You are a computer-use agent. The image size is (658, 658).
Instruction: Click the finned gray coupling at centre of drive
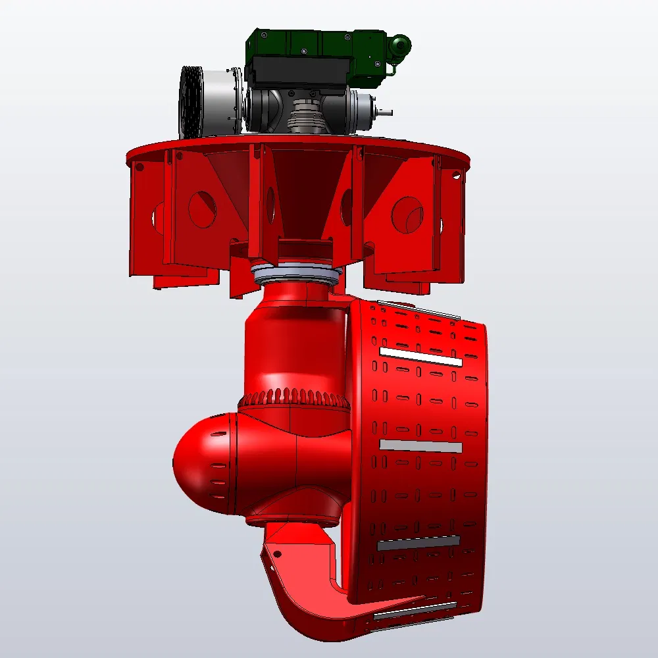pos(305,119)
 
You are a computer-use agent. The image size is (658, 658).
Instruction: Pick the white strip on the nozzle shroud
pos(421,358)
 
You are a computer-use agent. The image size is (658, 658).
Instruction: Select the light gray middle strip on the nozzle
pos(421,446)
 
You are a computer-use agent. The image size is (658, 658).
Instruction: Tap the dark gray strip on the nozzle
pos(418,544)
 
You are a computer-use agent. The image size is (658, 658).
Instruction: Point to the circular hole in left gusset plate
pos(202,209)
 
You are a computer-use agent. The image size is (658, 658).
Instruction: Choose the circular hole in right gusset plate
pos(407,215)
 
